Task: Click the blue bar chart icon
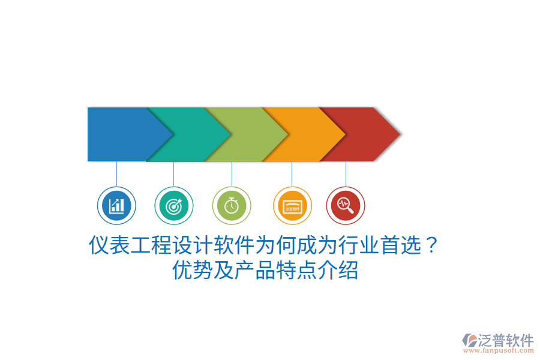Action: (116, 206)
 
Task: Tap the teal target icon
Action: (174, 206)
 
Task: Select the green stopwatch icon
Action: (232, 206)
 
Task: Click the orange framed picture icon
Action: (292, 206)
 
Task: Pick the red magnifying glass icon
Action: (346, 206)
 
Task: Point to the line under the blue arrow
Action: (116, 174)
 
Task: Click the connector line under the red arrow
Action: (346, 174)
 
